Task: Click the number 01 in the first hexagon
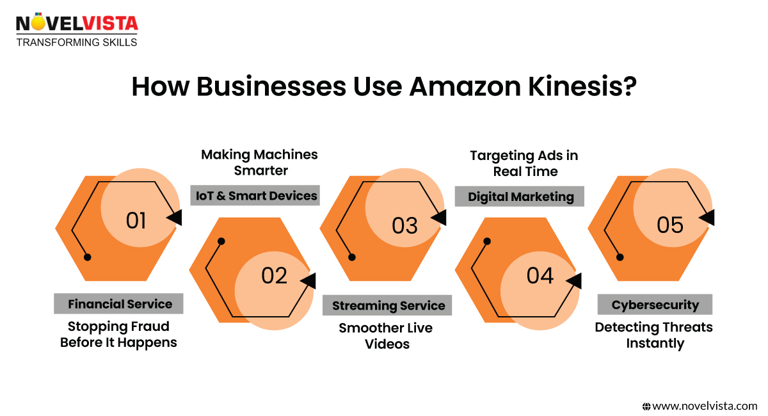pyautogui.click(x=136, y=221)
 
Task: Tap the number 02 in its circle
pyautogui.click(x=274, y=276)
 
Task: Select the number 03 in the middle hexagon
pyautogui.click(x=404, y=226)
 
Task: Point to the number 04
pyautogui.click(x=540, y=276)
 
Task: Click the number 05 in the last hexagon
pyautogui.click(x=670, y=225)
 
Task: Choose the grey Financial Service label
pyautogui.click(x=120, y=304)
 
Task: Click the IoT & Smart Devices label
pyautogui.click(x=255, y=196)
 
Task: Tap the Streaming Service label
pyautogui.click(x=388, y=306)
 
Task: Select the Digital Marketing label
pyautogui.click(x=520, y=196)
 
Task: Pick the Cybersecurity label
pyautogui.click(x=655, y=305)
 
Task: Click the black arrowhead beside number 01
pyautogui.click(x=174, y=218)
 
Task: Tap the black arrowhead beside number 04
pyautogui.click(x=573, y=280)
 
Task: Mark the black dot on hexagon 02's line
pyautogui.click(x=221, y=242)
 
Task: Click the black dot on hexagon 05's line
pyautogui.click(x=620, y=257)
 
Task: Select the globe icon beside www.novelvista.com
pyautogui.click(x=646, y=406)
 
